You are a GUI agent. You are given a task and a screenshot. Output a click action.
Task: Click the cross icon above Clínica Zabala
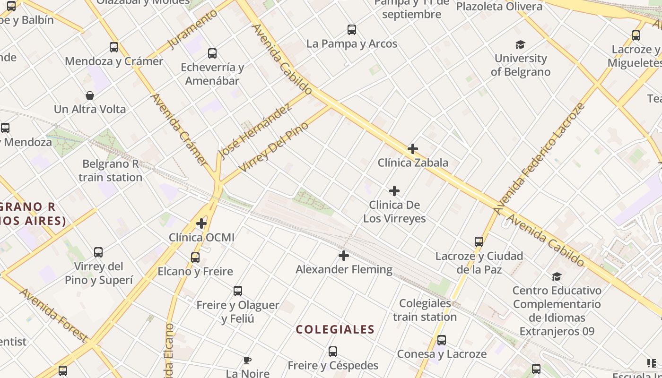point(412,149)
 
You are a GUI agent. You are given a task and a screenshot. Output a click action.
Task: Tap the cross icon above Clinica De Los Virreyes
point(394,191)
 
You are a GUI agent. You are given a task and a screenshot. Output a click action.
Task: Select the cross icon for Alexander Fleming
point(344,256)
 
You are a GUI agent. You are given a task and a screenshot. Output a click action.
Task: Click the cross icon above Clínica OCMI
point(201,223)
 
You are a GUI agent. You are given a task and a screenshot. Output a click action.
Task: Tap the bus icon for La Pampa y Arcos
point(351,30)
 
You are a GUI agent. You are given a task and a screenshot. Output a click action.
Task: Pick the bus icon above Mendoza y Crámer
point(114,47)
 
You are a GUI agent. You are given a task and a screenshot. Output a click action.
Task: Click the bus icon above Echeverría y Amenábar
point(212,53)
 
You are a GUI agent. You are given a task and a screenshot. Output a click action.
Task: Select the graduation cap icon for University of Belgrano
point(520,45)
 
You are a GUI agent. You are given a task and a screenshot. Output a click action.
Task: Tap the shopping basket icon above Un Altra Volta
point(90,95)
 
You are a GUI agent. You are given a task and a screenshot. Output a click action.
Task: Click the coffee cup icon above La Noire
point(247,361)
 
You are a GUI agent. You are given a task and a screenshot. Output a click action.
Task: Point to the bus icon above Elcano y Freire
point(195,258)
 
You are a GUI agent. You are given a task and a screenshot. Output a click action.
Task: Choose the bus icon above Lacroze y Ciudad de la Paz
point(479,242)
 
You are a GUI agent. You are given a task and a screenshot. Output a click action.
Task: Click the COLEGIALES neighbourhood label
point(335,329)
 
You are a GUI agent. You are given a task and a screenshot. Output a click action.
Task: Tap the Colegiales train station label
point(425,310)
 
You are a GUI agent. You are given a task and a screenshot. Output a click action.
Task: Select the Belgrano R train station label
point(111,171)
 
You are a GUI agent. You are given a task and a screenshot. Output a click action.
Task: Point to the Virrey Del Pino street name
point(274,147)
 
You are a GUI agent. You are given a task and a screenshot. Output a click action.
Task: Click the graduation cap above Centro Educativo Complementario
point(557,276)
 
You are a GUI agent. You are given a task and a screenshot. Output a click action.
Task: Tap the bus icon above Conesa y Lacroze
point(441,340)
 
